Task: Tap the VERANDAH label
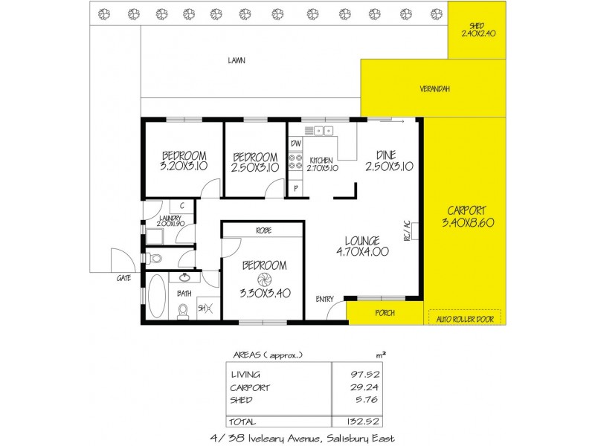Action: click(434, 89)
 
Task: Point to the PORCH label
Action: click(384, 312)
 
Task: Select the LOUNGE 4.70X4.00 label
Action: click(362, 245)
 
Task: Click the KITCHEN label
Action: click(322, 163)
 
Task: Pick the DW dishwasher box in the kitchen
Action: click(296, 143)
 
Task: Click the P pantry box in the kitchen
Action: click(295, 189)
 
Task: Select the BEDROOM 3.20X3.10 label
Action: click(183, 161)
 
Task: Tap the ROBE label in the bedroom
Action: click(263, 230)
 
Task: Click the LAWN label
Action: click(237, 61)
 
